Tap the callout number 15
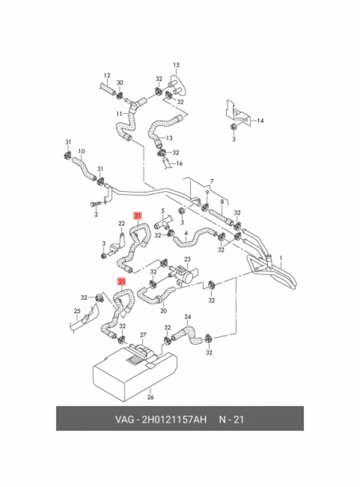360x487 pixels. pos(176,65)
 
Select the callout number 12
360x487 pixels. pos(107,76)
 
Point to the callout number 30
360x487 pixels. pos(120,83)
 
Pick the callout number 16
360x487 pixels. pos(179,164)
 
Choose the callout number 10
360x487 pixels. pos(81,151)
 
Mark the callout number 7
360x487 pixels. pos(212,181)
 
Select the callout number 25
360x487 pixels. pos(77,311)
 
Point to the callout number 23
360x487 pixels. pos(187,259)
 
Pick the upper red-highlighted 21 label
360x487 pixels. pos(138,216)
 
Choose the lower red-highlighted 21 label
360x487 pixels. pos(121,281)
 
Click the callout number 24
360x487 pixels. pos(188,317)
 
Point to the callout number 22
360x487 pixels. pos(121,223)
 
